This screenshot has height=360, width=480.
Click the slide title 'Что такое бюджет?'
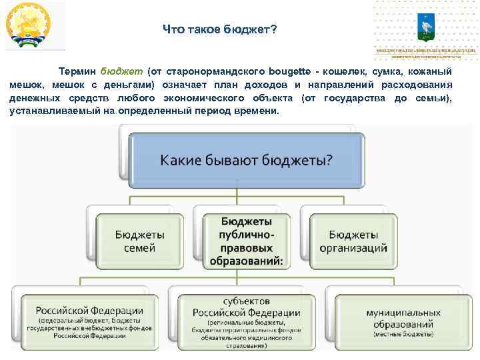click(x=220, y=30)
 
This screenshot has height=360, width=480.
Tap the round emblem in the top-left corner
click(x=29, y=25)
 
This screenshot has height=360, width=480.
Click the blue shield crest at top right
click(x=425, y=25)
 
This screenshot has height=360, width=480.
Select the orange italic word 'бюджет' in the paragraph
click(x=120, y=71)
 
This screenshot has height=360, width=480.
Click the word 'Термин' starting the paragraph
click(x=77, y=71)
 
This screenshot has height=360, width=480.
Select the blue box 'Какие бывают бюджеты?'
click(x=246, y=160)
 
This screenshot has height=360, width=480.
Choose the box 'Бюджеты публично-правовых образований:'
click(x=246, y=241)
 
